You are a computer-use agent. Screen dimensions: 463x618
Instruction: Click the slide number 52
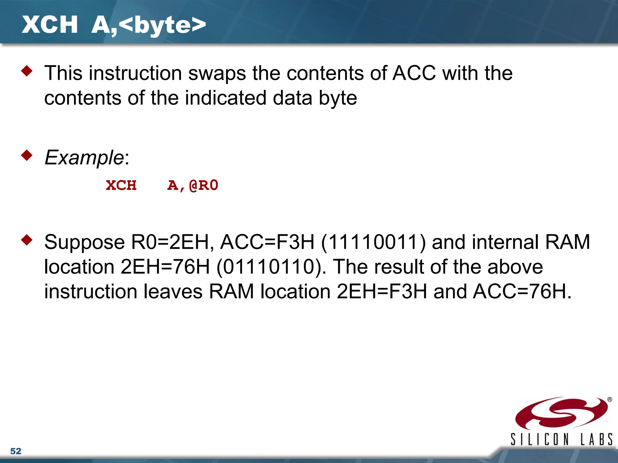point(16,451)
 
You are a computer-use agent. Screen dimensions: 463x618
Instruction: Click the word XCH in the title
point(50,25)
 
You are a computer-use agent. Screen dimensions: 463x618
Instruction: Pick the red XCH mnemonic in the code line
point(121,185)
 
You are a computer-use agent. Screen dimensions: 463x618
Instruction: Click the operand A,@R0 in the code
point(193,185)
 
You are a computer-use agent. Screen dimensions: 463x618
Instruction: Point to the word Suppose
point(84,242)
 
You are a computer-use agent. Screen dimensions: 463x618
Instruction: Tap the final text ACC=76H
point(522,291)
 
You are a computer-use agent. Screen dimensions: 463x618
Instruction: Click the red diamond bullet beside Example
point(27,155)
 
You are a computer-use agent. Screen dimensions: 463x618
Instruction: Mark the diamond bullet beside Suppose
point(27,240)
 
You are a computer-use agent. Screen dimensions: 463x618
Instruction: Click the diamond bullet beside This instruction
point(27,71)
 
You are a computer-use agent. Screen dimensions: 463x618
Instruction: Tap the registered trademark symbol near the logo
point(610,399)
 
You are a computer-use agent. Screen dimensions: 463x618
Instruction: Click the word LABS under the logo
point(597,439)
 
